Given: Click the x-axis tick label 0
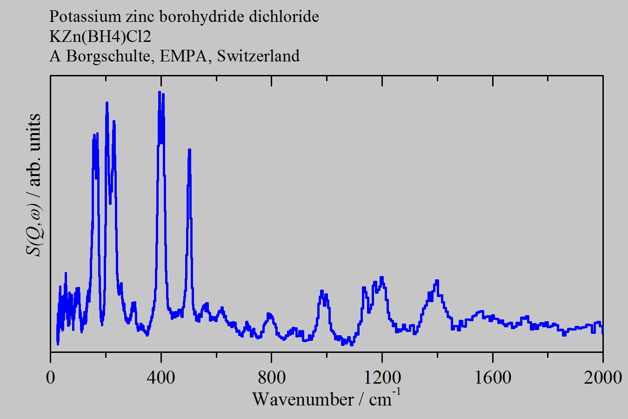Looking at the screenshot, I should pos(50,377).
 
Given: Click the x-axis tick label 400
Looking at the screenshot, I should pos(161,377).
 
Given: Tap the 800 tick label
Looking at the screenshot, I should pos(272,377).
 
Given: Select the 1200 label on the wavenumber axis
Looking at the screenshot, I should pos(382,377).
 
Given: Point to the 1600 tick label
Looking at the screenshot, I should pos(493,377).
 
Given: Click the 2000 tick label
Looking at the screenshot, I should pos(602,377).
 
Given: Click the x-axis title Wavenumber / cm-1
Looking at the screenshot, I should pos(326,399).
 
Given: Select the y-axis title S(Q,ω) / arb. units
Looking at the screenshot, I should pos(34,185).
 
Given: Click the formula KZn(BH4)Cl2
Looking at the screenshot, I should pos(100,36).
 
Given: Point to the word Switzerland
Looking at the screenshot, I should pos(258,56).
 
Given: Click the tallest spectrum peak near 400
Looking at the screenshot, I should pos(160,92).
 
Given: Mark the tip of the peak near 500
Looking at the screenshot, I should pos(189,150).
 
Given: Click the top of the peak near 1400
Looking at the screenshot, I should pos(437,281).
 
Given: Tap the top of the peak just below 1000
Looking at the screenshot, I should pos(321,291).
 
